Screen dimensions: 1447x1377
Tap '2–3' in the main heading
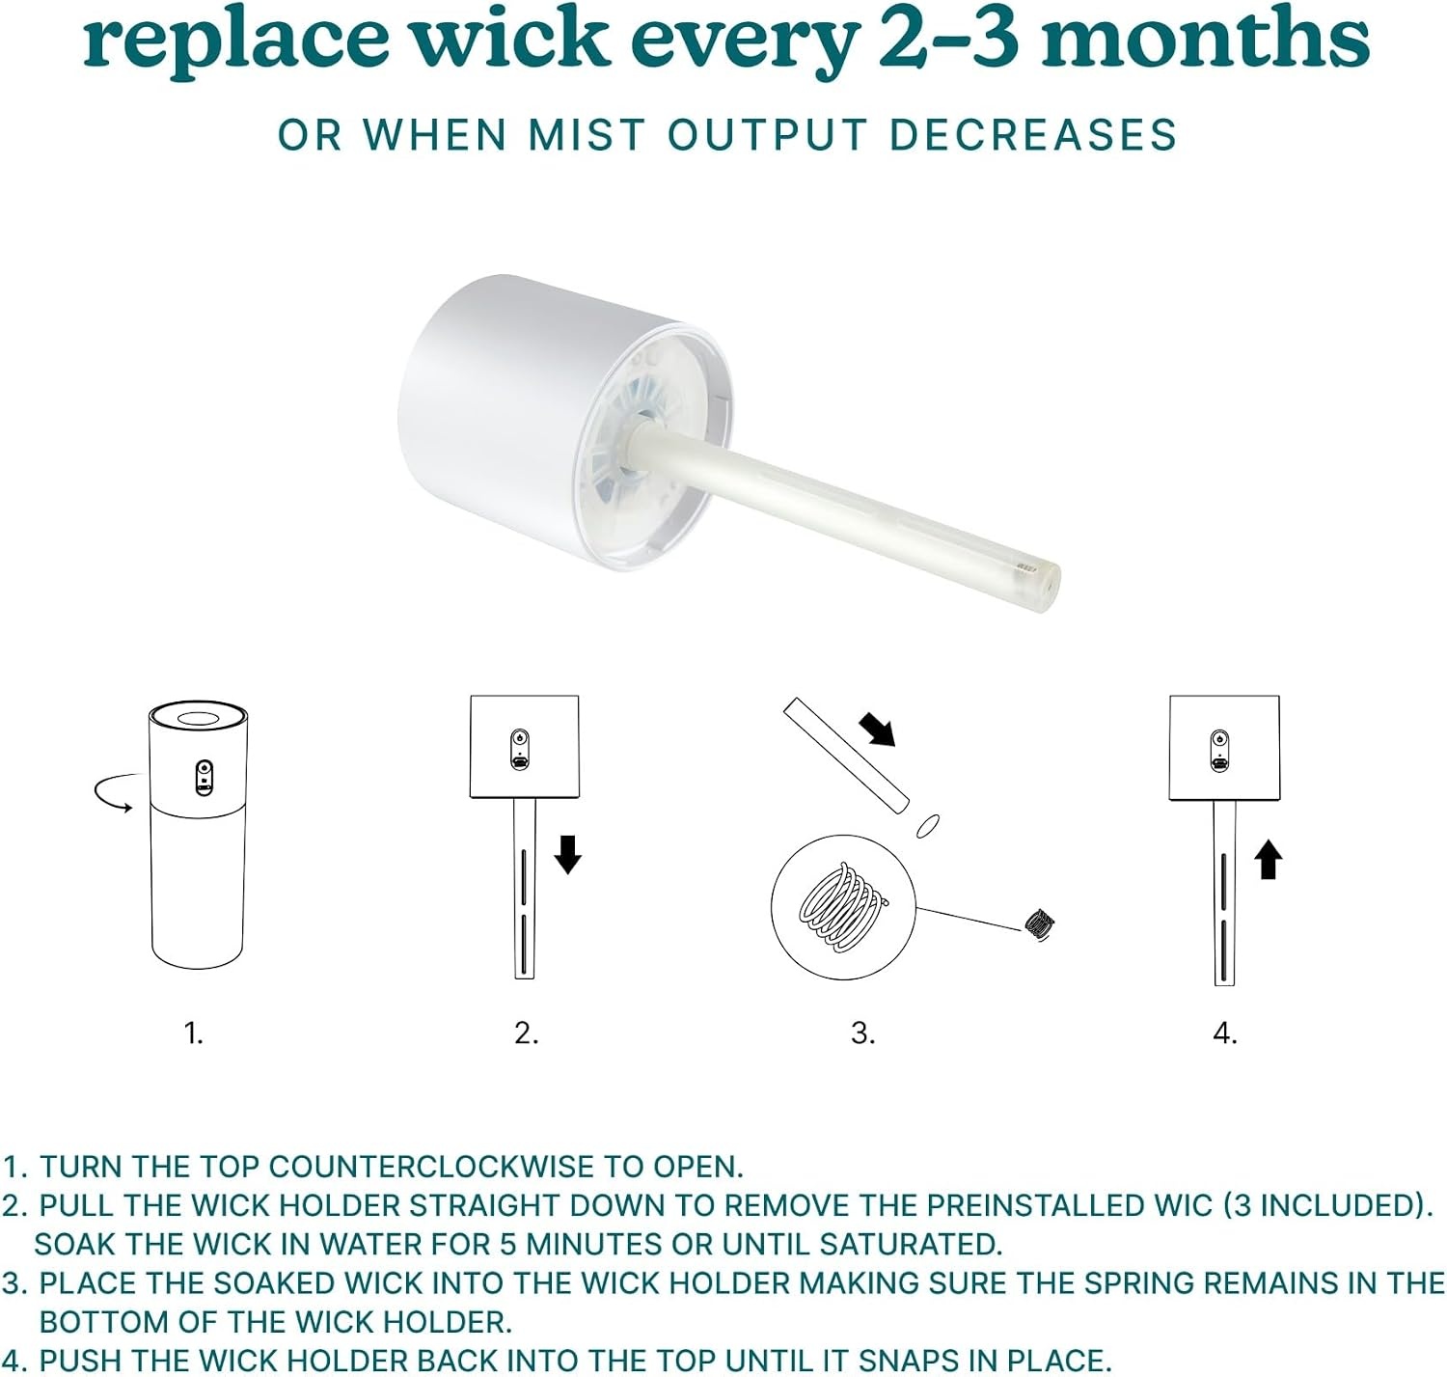tap(948, 37)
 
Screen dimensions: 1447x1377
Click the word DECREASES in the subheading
tap(1033, 135)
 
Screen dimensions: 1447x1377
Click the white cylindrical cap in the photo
tap(563, 422)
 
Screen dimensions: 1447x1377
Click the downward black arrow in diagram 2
tap(567, 854)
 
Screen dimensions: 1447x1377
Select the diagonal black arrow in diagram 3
tap(877, 729)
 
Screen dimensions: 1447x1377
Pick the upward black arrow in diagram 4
tap(1268, 860)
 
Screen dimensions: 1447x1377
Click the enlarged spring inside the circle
tap(843, 907)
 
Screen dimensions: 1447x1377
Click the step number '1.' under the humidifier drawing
tap(194, 1033)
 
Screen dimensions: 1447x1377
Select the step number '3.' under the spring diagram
tap(862, 1033)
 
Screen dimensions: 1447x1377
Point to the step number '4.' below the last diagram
tap(1225, 1033)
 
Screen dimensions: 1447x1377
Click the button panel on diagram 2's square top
tap(520, 749)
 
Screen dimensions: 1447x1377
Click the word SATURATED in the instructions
tap(912, 1245)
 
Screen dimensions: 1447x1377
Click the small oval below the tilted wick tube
tap(927, 825)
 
